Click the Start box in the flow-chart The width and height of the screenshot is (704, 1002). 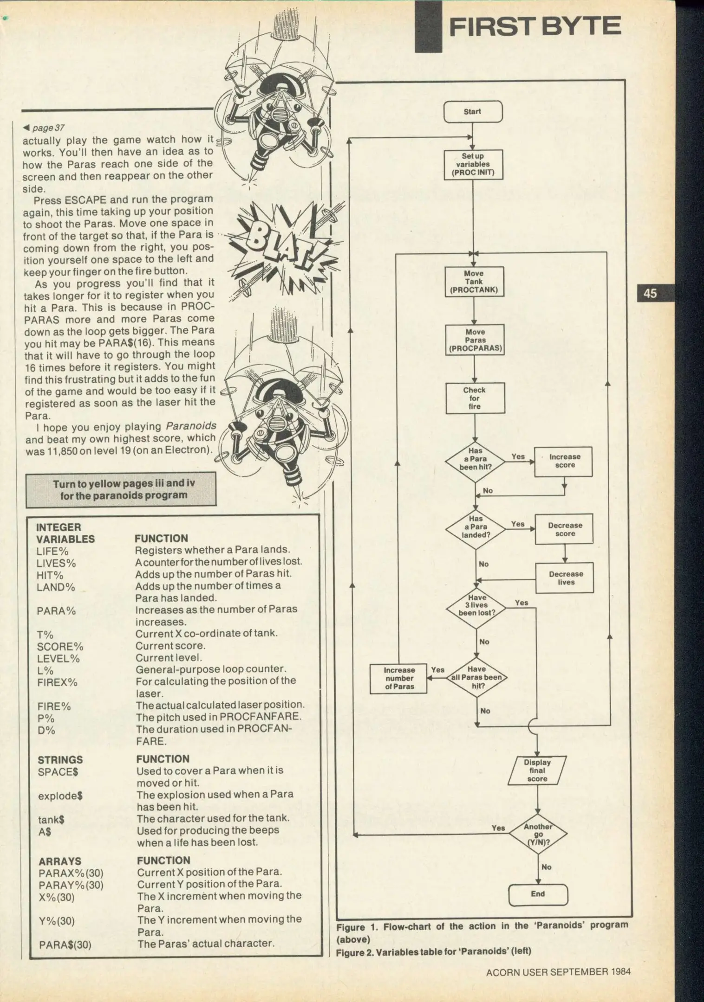(473, 112)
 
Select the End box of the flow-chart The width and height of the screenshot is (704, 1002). (538, 893)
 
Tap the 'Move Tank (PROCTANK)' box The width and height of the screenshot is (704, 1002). (474, 282)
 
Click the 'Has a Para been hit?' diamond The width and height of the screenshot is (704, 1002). (475, 459)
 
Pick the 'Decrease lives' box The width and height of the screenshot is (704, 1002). (565, 578)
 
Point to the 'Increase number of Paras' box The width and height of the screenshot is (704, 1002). (399, 678)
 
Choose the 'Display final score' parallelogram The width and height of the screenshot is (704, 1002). (537, 771)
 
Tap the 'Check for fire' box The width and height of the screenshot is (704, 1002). (475, 398)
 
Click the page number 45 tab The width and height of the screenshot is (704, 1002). (650, 293)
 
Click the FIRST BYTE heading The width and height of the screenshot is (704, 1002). (535, 26)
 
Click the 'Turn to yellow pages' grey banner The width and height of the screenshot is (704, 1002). (121, 489)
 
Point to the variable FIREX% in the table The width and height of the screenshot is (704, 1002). (57, 682)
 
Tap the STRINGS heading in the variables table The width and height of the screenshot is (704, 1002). (60, 760)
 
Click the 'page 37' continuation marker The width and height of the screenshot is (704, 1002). (45, 128)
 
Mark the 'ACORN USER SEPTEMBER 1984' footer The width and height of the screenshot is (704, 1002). (558, 972)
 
